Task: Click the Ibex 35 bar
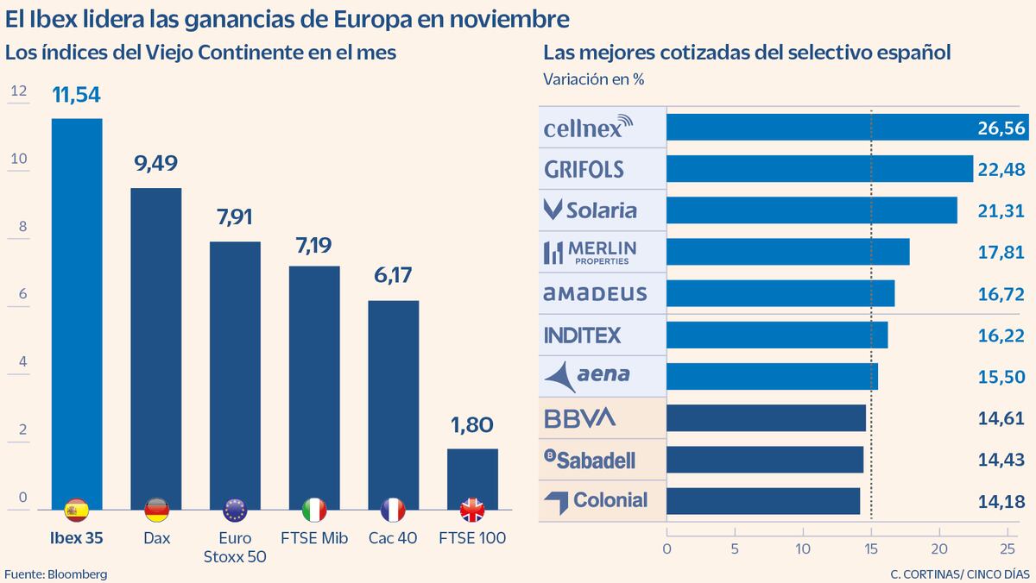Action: (77, 310)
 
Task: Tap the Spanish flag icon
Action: (77, 511)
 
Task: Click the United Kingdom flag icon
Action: (472, 511)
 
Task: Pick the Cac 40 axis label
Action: (393, 538)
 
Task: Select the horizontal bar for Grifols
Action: (819, 169)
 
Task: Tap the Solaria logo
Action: (590, 210)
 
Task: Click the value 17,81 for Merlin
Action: (1001, 252)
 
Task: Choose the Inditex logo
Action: (583, 335)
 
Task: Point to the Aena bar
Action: (772, 376)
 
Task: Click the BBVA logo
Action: (580, 418)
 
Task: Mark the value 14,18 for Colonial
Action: (1001, 501)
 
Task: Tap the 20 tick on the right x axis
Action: (938, 548)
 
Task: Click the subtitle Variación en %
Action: (594, 79)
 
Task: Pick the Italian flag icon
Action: (314, 511)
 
